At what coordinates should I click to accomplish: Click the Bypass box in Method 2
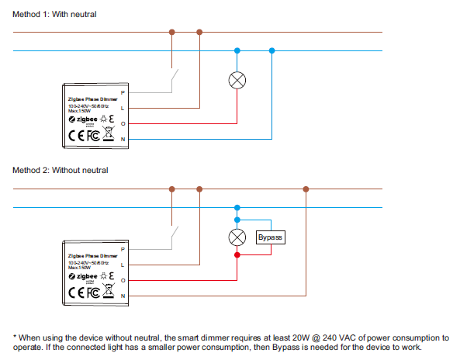271,237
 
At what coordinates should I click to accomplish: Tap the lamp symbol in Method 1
238,81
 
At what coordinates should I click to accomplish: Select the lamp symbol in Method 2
238,237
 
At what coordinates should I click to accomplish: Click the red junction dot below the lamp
238,254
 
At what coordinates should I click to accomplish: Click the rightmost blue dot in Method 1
272,51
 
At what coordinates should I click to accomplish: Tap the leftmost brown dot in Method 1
171,32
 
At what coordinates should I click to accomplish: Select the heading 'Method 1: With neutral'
54,14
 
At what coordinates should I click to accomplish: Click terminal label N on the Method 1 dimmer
123,139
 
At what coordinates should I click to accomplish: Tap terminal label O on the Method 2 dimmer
123,280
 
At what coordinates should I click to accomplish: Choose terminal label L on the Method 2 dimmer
123,265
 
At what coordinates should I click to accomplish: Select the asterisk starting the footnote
15,337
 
